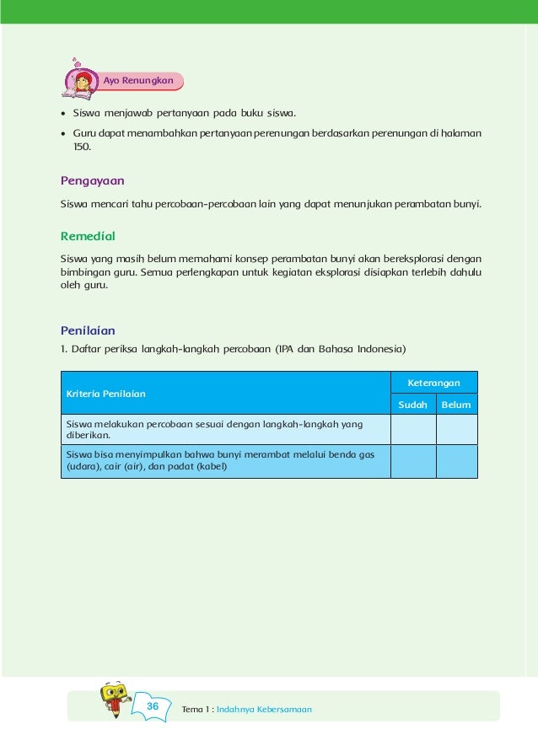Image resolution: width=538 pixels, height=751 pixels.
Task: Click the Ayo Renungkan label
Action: (138, 81)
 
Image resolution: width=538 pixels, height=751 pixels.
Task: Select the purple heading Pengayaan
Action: (93, 180)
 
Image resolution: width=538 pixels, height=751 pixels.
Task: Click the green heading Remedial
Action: (88, 236)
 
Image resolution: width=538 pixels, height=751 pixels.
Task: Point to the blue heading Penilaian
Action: (88, 330)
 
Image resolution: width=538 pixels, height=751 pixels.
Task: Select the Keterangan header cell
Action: (433, 383)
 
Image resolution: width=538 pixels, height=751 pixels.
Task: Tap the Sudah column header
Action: (412, 405)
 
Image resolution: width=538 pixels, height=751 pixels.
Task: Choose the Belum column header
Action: (456, 405)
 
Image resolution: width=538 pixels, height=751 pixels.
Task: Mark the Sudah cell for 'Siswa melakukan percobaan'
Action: (412, 430)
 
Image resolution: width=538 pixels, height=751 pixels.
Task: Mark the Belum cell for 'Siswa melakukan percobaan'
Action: (456, 430)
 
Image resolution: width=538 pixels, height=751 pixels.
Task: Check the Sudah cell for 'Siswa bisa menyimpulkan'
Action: (412, 461)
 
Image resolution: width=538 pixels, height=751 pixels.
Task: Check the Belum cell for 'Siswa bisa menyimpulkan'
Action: (456, 461)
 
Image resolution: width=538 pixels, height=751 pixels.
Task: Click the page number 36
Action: (153, 705)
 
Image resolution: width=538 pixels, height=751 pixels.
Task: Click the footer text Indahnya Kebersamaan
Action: (264, 710)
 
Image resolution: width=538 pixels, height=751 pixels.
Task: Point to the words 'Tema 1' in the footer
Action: (196, 710)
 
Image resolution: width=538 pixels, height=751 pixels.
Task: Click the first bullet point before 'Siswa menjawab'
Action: (64, 113)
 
